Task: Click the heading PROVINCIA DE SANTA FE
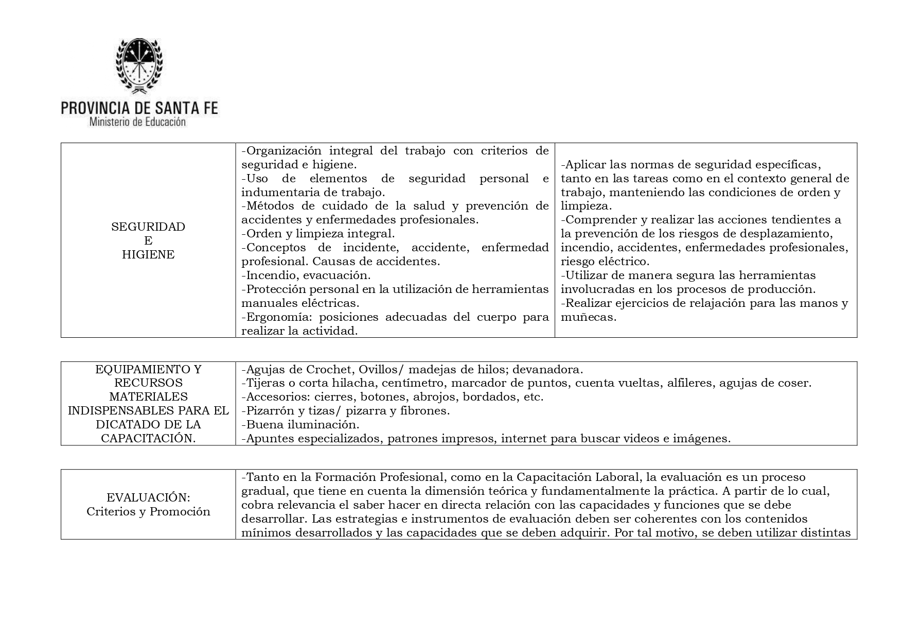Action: click(x=139, y=108)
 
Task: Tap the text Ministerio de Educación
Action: click(x=137, y=122)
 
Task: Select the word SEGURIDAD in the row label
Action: click(x=148, y=227)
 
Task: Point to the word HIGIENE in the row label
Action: click(x=148, y=254)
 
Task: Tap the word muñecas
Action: click(x=588, y=317)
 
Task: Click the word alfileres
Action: click(x=689, y=383)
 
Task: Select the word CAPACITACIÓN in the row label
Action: click(x=148, y=438)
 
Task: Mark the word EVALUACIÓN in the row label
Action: click(x=148, y=497)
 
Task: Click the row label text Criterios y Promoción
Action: click(x=148, y=511)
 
